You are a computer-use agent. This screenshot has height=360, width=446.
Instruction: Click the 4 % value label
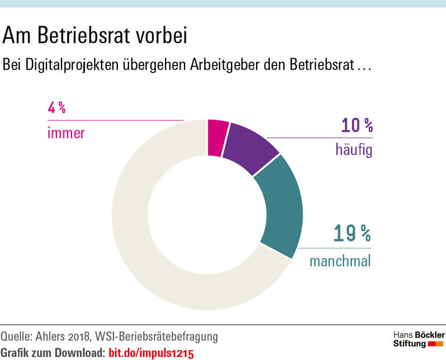point(56,108)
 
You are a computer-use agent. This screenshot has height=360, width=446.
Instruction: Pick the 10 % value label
point(357,125)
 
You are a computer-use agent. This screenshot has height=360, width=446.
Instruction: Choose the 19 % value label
point(352,233)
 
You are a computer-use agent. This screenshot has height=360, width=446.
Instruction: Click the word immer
point(66,133)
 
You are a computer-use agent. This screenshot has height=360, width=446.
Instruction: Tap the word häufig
point(353,150)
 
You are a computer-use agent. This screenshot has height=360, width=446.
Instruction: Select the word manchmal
point(340,261)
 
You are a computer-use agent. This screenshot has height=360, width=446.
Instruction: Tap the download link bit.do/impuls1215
point(150,352)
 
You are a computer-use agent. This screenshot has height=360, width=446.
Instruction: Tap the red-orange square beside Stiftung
point(436,344)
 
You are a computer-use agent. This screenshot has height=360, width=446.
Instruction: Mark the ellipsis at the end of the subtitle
point(364,66)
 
